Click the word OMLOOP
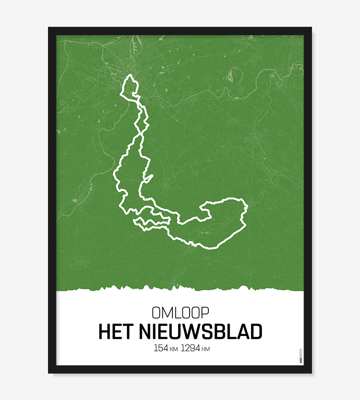[x=180, y=312]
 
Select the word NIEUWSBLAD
[x=201, y=332]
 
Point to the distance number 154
[x=160, y=348]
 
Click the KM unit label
[x=174, y=350]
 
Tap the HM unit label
[x=206, y=350]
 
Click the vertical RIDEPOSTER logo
[x=301, y=356]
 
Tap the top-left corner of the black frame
[x=49, y=28]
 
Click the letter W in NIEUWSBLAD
[x=202, y=332]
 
